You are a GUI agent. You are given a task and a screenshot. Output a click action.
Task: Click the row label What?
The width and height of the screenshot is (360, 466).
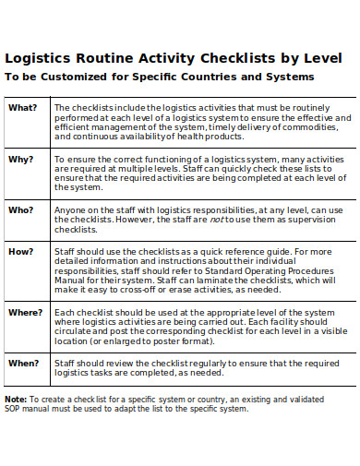pos(23,107)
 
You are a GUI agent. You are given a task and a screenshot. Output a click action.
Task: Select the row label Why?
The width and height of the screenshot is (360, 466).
pos(21,159)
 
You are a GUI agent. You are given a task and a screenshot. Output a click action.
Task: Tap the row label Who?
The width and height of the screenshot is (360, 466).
pos(21,209)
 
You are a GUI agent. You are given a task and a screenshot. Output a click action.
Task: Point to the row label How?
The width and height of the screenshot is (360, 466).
pos(21,251)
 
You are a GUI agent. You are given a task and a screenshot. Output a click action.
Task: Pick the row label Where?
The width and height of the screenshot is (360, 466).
pos(26,312)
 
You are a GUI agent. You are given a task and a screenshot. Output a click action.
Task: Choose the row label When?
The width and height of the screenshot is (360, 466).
pos(24,364)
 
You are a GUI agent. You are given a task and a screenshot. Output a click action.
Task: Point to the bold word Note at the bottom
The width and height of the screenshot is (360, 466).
pos(15,400)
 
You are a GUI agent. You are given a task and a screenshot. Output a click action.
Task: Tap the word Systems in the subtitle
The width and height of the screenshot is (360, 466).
pos(287,76)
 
